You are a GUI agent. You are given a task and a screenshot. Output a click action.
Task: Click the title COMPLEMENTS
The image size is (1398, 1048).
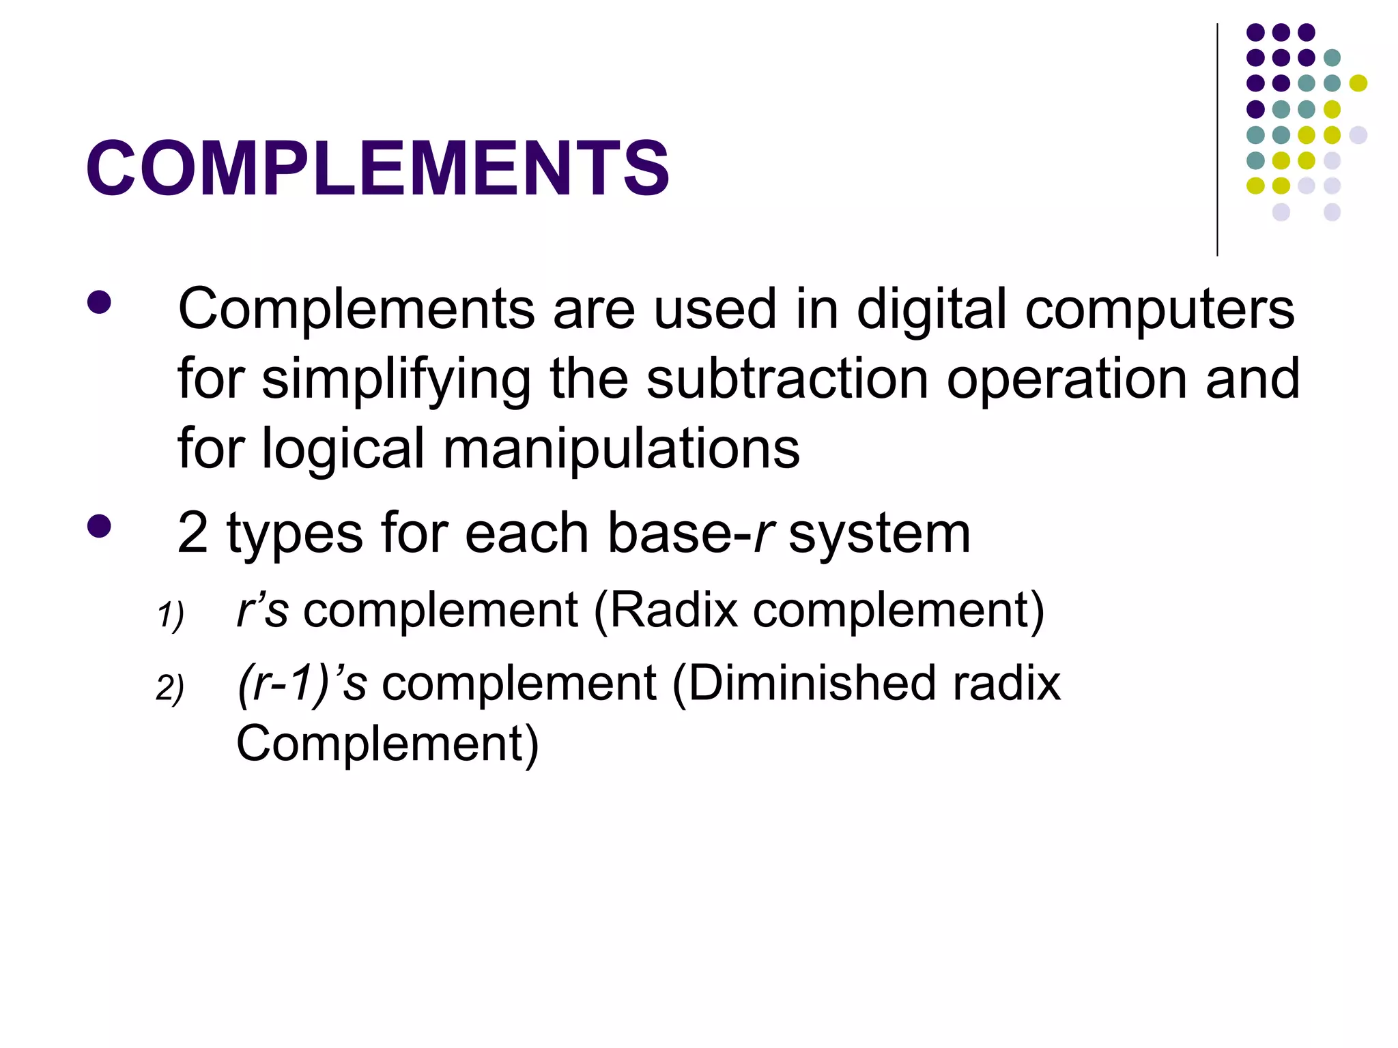tap(377, 168)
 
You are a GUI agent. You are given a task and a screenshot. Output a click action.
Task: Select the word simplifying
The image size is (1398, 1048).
tap(396, 381)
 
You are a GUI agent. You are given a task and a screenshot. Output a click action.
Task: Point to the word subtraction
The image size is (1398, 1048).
tap(786, 379)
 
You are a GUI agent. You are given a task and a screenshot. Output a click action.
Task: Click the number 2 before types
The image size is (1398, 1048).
tap(192, 534)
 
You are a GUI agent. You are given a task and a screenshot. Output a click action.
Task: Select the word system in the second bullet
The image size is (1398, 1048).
tap(879, 535)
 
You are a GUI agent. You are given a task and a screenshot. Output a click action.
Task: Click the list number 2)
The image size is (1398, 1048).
tap(170, 688)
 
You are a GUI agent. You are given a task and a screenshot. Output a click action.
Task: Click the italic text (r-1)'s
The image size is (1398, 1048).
tap(302, 684)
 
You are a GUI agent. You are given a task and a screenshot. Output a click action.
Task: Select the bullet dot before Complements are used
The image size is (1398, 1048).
tap(100, 303)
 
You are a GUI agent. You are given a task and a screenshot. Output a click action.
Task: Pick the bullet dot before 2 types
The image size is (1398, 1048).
tap(100, 526)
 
